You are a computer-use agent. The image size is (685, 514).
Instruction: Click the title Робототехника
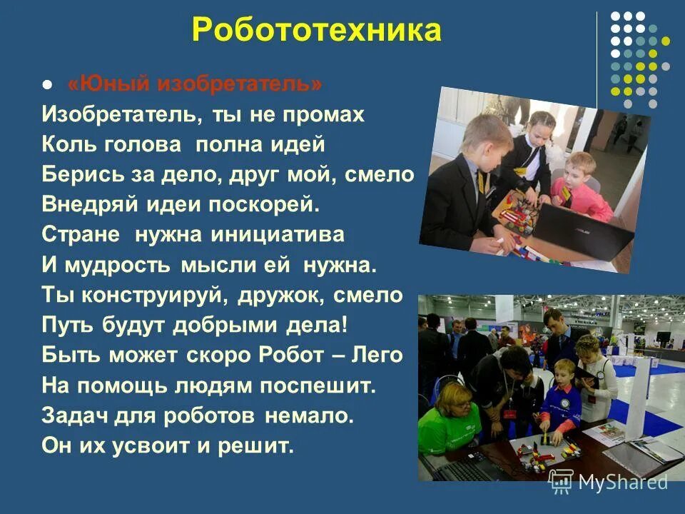click(x=317, y=31)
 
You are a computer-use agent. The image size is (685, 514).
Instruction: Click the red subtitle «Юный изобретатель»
click(x=196, y=84)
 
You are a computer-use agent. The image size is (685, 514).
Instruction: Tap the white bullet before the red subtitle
click(x=48, y=85)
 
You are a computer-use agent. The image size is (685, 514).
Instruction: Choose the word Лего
click(x=379, y=355)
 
